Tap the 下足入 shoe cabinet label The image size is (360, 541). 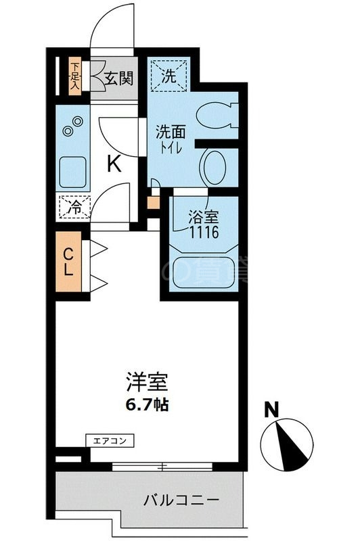75,76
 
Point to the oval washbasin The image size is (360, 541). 216,166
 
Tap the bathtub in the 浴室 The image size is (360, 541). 199,271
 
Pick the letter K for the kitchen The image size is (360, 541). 114,164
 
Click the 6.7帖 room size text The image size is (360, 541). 146,406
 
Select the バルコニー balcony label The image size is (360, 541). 181,501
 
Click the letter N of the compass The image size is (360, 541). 272,410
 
